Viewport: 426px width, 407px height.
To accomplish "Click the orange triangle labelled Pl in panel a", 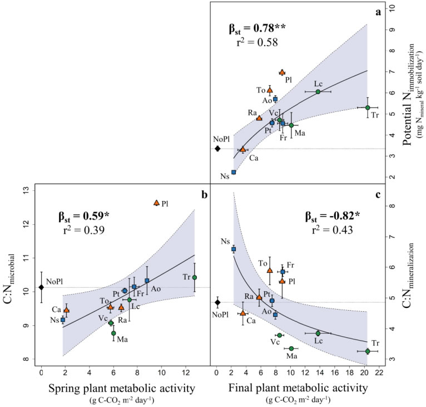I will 282,72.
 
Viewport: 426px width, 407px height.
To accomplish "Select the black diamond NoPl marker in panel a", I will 217,149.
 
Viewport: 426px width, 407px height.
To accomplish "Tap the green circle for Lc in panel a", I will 318,91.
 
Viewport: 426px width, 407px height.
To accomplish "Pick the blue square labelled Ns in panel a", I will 234,172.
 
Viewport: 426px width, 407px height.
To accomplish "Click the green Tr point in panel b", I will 194,277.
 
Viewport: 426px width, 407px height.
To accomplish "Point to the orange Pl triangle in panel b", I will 156,203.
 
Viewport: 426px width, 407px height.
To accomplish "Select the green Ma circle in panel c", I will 291,349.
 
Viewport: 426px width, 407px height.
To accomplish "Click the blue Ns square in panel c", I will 234,249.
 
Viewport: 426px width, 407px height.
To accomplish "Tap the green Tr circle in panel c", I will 368,351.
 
